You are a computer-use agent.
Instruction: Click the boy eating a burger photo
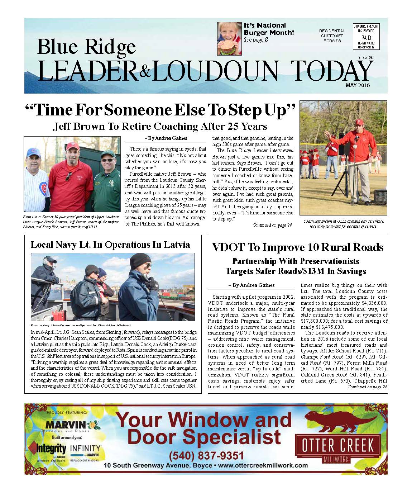tap(229, 38)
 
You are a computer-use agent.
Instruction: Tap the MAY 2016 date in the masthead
tap(358, 85)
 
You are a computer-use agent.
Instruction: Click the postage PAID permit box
tap(366, 37)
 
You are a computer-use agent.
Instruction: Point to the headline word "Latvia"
tap(177, 245)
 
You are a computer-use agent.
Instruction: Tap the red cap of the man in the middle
tap(74, 145)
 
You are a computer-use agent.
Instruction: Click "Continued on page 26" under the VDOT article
tap(367, 387)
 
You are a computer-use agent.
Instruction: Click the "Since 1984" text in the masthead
tap(367, 58)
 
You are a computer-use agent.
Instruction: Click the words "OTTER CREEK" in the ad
tap(337, 446)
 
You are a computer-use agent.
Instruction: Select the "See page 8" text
tap(256, 40)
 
